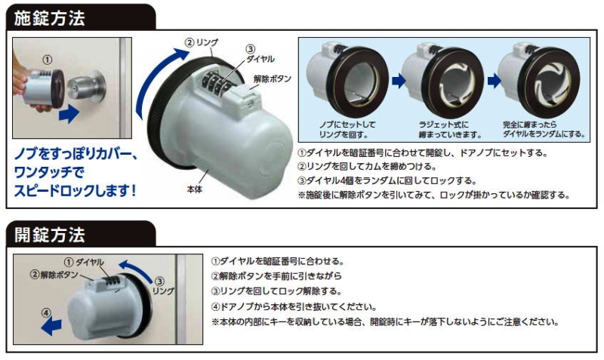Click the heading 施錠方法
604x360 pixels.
click(x=49, y=18)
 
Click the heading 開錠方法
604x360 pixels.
click(x=49, y=235)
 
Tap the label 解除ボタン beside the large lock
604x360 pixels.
click(x=273, y=79)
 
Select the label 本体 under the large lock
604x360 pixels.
click(x=194, y=189)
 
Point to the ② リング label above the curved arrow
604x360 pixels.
click(x=202, y=42)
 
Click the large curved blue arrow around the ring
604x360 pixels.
click(x=154, y=81)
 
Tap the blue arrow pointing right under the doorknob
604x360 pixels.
click(x=69, y=114)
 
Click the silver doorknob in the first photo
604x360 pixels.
click(x=85, y=88)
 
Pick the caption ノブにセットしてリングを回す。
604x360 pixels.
click(x=347, y=129)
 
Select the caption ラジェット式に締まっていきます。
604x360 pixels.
click(x=450, y=129)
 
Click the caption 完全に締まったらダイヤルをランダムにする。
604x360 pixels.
click(x=544, y=129)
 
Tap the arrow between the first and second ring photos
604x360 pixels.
click(x=399, y=81)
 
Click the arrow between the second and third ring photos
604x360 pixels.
click(x=495, y=81)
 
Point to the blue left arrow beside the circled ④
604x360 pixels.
click(x=51, y=326)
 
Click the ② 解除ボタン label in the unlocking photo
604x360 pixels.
click(x=54, y=275)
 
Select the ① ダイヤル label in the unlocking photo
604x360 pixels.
click(x=84, y=263)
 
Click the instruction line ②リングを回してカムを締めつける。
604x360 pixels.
click(x=367, y=166)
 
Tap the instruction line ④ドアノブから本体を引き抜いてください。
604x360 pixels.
click(x=294, y=307)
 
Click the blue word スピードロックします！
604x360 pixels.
click(x=75, y=191)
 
